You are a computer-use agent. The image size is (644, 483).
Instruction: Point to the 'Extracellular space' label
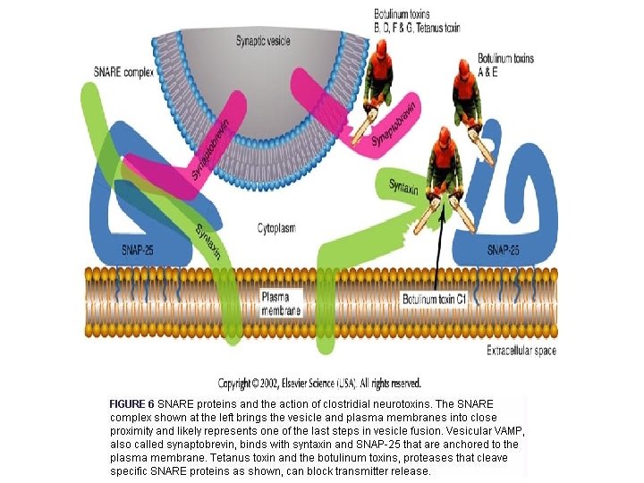[521, 350]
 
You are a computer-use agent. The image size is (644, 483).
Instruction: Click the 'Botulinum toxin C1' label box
[435, 298]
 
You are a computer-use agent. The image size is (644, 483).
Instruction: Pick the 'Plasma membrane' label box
[281, 304]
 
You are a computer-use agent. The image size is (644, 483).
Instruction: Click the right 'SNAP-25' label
[508, 250]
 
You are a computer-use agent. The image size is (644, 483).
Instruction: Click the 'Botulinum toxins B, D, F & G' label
[417, 21]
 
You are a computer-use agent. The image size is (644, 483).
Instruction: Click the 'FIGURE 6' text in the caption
[131, 403]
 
